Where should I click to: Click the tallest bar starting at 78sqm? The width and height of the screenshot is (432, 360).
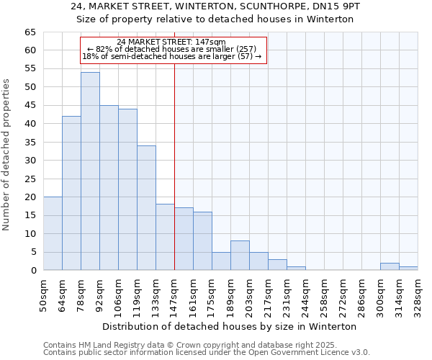(90, 171)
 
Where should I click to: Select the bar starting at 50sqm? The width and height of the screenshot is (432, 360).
(53, 233)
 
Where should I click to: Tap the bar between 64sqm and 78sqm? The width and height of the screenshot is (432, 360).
(71, 193)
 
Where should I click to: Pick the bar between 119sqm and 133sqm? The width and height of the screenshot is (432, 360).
(146, 208)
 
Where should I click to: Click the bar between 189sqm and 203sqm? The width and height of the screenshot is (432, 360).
(240, 256)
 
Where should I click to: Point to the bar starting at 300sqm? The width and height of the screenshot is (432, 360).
(390, 266)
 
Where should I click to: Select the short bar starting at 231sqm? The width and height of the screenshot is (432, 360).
(296, 269)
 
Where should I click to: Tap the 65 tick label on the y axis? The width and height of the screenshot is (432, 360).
(30, 32)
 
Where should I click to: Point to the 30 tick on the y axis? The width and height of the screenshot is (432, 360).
(30, 161)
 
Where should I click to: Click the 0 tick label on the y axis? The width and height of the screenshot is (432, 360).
(32, 271)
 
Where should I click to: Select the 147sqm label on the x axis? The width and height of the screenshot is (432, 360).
(175, 295)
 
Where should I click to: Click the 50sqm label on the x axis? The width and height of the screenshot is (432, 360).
(44, 295)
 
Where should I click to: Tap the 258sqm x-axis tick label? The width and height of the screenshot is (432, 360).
(325, 295)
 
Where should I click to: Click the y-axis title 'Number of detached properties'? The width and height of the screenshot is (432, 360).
(7, 156)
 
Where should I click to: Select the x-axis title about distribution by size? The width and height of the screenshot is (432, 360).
(230, 326)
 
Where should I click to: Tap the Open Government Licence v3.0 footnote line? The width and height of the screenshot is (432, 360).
(207, 353)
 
